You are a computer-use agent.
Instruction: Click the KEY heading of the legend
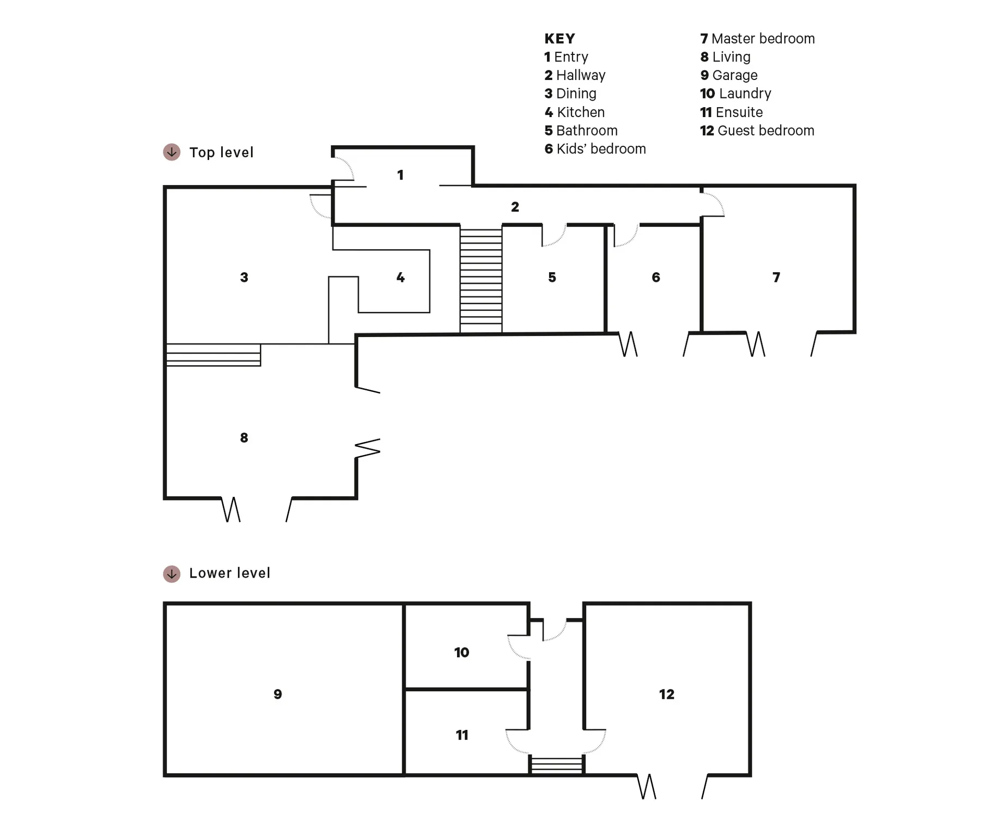point(559,39)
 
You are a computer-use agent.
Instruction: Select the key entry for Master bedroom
point(757,39)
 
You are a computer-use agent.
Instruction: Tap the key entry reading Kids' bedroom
point(595,149)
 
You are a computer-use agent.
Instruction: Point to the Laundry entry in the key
point(735,94)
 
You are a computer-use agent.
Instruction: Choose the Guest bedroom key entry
point(757,131)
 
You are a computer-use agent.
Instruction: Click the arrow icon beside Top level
point(172,152)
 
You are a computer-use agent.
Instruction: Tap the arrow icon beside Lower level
point(172,574)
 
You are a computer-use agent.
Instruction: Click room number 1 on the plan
point(400,175)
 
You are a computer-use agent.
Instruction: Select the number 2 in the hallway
point(515,207)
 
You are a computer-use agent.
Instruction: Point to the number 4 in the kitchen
point(400,278)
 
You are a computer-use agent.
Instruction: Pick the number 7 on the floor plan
point(776,278)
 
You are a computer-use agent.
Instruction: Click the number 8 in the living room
point(244,438)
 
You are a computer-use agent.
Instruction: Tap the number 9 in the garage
point(278,694)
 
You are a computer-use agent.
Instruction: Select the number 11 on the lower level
point(462,735)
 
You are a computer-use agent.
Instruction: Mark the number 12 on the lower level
point(667,694)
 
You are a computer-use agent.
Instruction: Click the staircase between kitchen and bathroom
point(481,280)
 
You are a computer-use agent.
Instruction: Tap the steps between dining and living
point(213,355)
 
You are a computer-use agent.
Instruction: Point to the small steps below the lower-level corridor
point(557,764)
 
